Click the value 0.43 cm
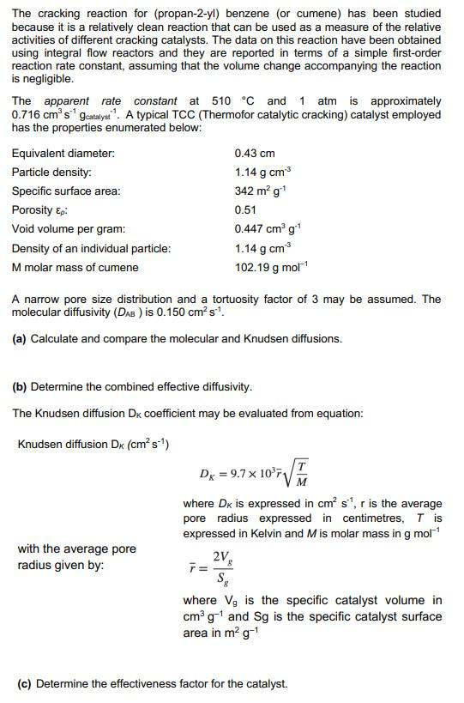(x=254, y=154)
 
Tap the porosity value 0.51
(x=245, y=210)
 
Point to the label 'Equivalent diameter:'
(x=63, y=154)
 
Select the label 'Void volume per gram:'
(x=69, y=229)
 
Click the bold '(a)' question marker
(x=19, y=339)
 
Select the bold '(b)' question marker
(x=19, y=387)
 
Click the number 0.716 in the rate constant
(x=27, y=115)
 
